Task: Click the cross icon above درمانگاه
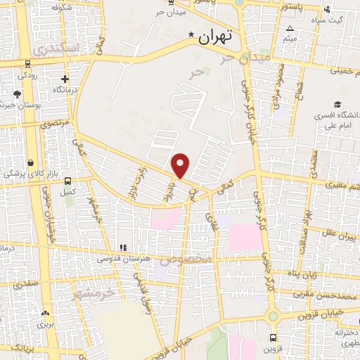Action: [65, 79]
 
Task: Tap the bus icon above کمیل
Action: [67, 180]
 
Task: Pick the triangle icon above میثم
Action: [290, 29]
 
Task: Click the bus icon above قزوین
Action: [272, 337]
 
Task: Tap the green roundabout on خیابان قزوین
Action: [272, 316]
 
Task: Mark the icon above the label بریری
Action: [46, 314]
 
